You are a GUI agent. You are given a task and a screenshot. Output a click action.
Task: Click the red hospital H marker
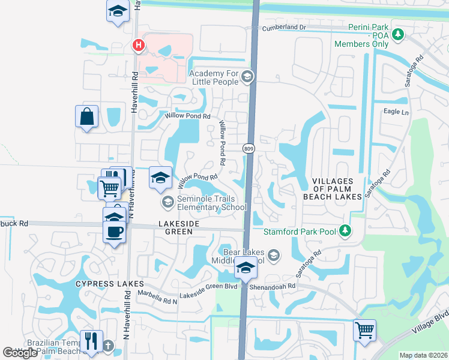point(139,44)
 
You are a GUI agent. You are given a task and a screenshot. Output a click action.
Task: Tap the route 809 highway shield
point(248,148)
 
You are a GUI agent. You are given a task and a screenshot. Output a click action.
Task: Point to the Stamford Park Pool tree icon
point(345,229)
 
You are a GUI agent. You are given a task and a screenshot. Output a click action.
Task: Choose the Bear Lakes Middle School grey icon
point(273,257)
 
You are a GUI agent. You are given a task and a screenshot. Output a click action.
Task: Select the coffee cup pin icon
point(114,231)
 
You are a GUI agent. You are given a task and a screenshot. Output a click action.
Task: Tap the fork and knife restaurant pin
point(91,341)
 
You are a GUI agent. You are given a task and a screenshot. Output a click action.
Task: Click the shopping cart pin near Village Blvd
point(365,330)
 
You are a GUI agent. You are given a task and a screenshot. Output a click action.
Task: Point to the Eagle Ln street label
point(396,112)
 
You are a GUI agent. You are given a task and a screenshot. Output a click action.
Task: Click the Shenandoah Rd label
point(274,286)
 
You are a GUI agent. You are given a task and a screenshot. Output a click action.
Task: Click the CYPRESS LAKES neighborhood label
point(110,283)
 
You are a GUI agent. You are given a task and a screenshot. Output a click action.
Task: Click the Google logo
point(20,353)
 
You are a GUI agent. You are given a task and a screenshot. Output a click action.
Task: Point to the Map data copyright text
point(423,355)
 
